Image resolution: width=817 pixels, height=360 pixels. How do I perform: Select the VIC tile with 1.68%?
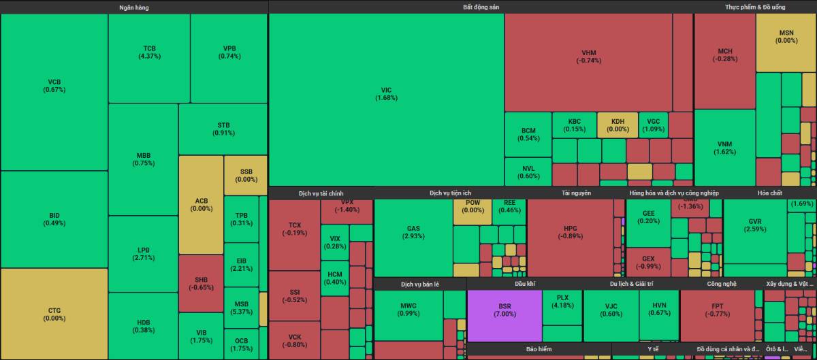click(386, 94)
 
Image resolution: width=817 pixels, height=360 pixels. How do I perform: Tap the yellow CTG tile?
click(54, 314)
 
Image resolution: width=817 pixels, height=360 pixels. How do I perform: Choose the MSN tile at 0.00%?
click(786, 36)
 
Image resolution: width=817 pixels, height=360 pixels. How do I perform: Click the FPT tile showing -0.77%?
click(717, 310)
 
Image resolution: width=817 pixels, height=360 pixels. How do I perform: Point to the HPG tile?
click(570, 232)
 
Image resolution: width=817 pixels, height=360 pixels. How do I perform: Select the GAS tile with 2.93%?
click(413, 232)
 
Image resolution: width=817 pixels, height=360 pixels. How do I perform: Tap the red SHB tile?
click(201, 283)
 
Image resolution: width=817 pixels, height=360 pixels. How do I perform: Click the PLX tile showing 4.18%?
click(562, 301)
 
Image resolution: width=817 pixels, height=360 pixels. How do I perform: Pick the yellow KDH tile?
click(618, 125)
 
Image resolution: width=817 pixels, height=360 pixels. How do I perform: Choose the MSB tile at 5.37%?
click(242, 308)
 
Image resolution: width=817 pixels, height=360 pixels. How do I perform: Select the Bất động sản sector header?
click(481, 7)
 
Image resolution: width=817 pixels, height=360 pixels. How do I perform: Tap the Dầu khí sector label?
click(525, 283)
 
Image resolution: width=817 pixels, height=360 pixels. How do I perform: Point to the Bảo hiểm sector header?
click(539, 349)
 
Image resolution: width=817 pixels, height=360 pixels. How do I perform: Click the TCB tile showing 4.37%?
click(149, 52)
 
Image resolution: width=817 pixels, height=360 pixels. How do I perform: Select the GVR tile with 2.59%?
click(754, 225)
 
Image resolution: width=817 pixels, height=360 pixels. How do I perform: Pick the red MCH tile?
click(725, 55)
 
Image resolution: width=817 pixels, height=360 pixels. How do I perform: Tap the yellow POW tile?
click(472, 206)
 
